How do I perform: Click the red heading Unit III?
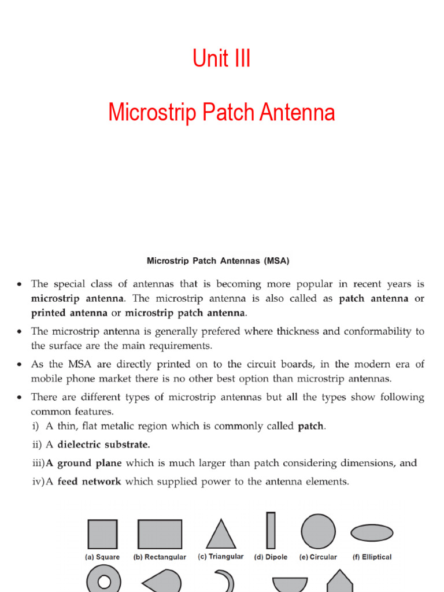pos(221,59)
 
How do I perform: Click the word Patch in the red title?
pos(228,112)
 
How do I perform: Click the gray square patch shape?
pos(102,534)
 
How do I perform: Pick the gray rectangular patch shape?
pos(160,534)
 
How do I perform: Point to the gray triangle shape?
pos(221,534)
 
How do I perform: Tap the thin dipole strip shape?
pos(271,530)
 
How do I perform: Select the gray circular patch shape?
pos(318,531)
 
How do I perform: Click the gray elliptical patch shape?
pos(372,532)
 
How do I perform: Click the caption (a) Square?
pos(102,557)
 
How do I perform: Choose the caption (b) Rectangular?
pos(160,557)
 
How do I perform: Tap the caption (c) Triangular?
pos(221,557)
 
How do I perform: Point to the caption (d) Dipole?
pos(271,557)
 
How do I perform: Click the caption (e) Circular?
pos(318,557)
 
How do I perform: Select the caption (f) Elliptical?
pos(372,557)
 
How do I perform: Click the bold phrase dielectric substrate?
pos(103,445)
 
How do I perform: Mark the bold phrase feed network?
pos(89,481)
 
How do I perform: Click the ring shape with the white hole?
pos(103,580)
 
